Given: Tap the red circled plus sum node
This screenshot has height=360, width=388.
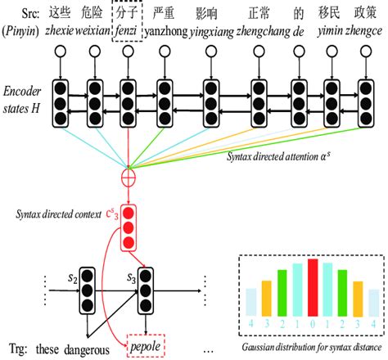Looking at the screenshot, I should (x=128, y=175).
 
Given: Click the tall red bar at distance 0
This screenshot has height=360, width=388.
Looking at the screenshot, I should (x=313, y=286).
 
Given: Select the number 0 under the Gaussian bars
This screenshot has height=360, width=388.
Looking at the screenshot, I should (x=313, y=324).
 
